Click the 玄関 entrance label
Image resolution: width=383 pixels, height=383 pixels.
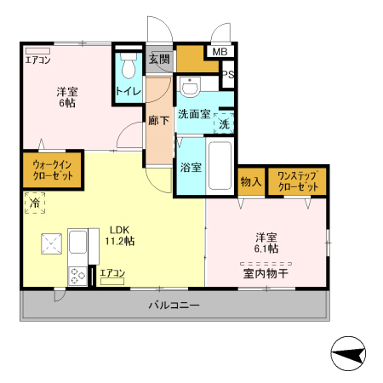[x=159, y=60]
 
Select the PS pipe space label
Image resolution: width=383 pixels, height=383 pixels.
[x=227, y=75]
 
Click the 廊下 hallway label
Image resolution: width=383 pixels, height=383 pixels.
[x=159, y=121]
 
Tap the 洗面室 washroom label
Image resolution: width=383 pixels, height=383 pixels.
[x=194, y=114]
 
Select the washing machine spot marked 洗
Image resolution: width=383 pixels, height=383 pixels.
[x=224, y=123]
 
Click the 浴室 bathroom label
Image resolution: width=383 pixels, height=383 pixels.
[x=191, y=167]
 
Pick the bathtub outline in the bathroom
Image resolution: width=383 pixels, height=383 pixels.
[x=220, y=166]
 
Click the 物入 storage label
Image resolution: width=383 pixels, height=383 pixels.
[x=250, y=181]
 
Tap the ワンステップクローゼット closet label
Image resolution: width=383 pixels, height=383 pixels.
[x=297, y=181]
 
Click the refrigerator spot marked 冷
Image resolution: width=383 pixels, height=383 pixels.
[x=35, y=204]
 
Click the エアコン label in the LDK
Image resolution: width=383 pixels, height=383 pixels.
[x=112, y=273]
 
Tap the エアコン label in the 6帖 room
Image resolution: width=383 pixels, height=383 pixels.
[x=37, y=60]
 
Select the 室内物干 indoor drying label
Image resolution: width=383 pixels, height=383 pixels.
[x=264, y=273]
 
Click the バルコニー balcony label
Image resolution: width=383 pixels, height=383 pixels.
[x=174, y=305]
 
